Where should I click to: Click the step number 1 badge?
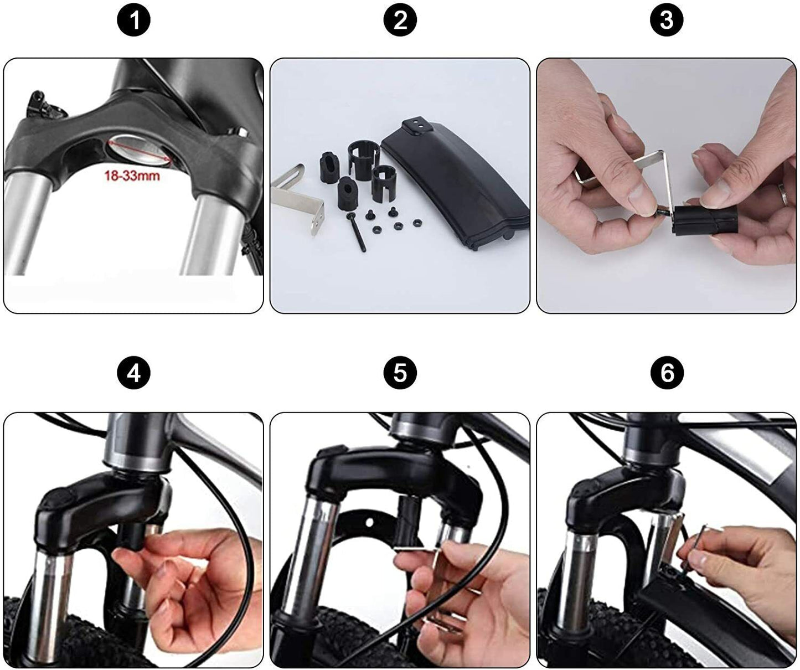click(x=133, y=20)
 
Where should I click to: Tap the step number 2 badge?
click(x=400, y=20)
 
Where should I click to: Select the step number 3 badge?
click(x=667, y=20)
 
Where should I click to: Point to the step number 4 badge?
click(x=133, y=373)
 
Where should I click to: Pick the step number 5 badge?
click(x=400, y=373)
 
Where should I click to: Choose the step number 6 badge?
click(x=667, y=373)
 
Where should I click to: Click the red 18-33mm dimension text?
click(x=132, y=176)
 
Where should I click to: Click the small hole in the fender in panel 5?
click(x=369, y=522)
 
